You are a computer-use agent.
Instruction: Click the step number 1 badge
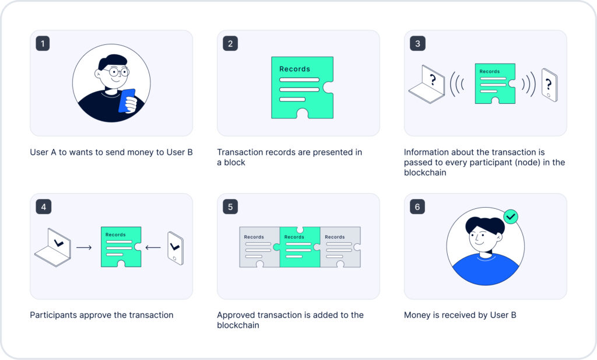(43, 43)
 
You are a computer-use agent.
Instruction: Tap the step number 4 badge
(43, 207)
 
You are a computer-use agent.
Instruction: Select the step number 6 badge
(417, 207)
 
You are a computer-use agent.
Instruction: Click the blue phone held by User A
(127, 101)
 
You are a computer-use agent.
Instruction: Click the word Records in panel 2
(294, 69)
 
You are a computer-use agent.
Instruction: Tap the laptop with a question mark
(427, 84)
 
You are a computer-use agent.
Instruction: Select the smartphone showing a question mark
(549, 85)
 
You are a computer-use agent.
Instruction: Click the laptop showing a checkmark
(53, 247)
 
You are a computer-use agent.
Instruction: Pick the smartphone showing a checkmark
(175, 248)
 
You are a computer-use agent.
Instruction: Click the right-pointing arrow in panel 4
(84, 247)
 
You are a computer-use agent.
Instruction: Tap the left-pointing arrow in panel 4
(153, 247)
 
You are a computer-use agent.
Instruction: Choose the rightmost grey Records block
(340, 247)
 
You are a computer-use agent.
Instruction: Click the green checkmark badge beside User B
(511, 217)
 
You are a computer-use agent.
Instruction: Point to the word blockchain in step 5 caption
(238, 326)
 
